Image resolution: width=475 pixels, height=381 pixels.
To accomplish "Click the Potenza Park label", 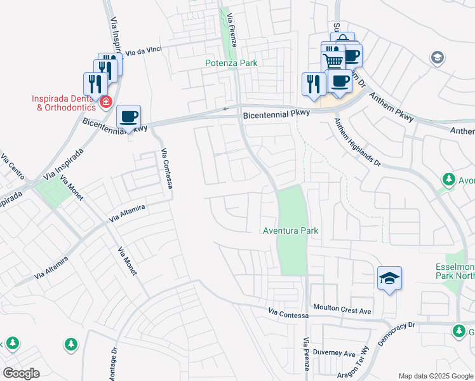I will click(x=231, y=63).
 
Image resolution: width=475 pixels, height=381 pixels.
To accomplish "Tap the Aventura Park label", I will click(x=290, y=231).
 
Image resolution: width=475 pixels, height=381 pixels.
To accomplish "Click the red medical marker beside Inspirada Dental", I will click(x=106, y=101).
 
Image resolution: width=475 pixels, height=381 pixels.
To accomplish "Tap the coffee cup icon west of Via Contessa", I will click(x=129, y=117).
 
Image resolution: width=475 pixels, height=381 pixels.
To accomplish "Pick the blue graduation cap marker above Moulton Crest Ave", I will click(x=390, y=278).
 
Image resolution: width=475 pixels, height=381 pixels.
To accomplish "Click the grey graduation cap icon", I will click(x=436, y=58).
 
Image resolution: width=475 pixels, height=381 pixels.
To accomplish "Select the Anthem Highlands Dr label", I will click(x=358, y=144).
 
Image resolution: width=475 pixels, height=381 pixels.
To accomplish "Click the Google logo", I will click(x=21, y=373).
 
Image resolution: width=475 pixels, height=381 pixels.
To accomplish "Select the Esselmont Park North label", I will click(x=455, y=271).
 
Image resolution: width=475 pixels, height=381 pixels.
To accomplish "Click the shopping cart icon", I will click(x=333, y=60).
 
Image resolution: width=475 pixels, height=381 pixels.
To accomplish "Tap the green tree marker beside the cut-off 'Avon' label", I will click(x=449, y=179).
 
